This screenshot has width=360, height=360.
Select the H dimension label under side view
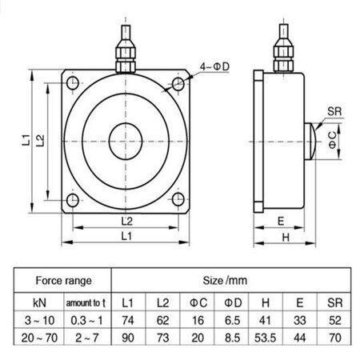[x=282, y=238]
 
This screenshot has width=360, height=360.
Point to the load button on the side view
[x=310, y=140]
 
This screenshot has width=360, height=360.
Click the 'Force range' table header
[x=62, y=281]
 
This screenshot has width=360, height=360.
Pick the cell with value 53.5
[x=265, y=338]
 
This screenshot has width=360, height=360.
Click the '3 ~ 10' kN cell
[x=38, y=321]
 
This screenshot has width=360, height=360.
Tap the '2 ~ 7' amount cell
[x=85, y=338]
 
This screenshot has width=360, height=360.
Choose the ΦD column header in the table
[x=231, y=303]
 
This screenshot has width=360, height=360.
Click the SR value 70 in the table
[x=334, y=338]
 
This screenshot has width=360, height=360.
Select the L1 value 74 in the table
[x=126, y=321]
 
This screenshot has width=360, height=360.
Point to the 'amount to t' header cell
[x=85, y=303]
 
